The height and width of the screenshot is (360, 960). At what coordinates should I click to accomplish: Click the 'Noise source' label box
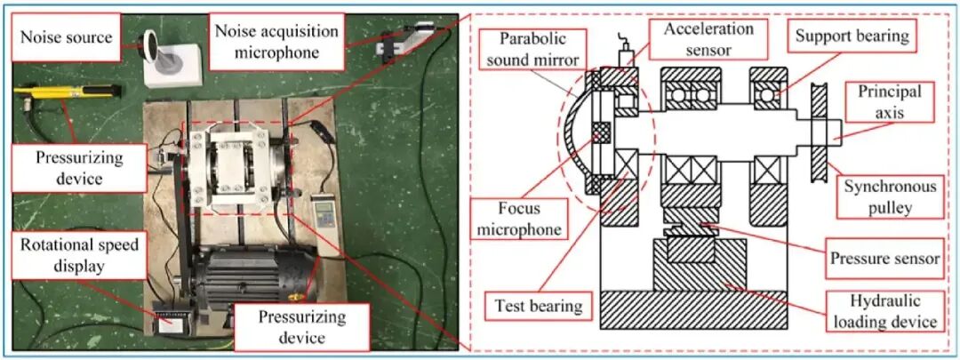66,37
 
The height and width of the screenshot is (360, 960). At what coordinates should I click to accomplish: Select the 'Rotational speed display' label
80,255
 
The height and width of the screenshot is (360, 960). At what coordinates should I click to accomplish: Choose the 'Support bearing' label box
852,37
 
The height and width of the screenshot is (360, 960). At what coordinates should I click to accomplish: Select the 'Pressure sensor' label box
884,258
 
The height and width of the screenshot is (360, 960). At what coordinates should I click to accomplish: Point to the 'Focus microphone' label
519,219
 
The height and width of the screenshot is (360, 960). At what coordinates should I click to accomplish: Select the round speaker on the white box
150,46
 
